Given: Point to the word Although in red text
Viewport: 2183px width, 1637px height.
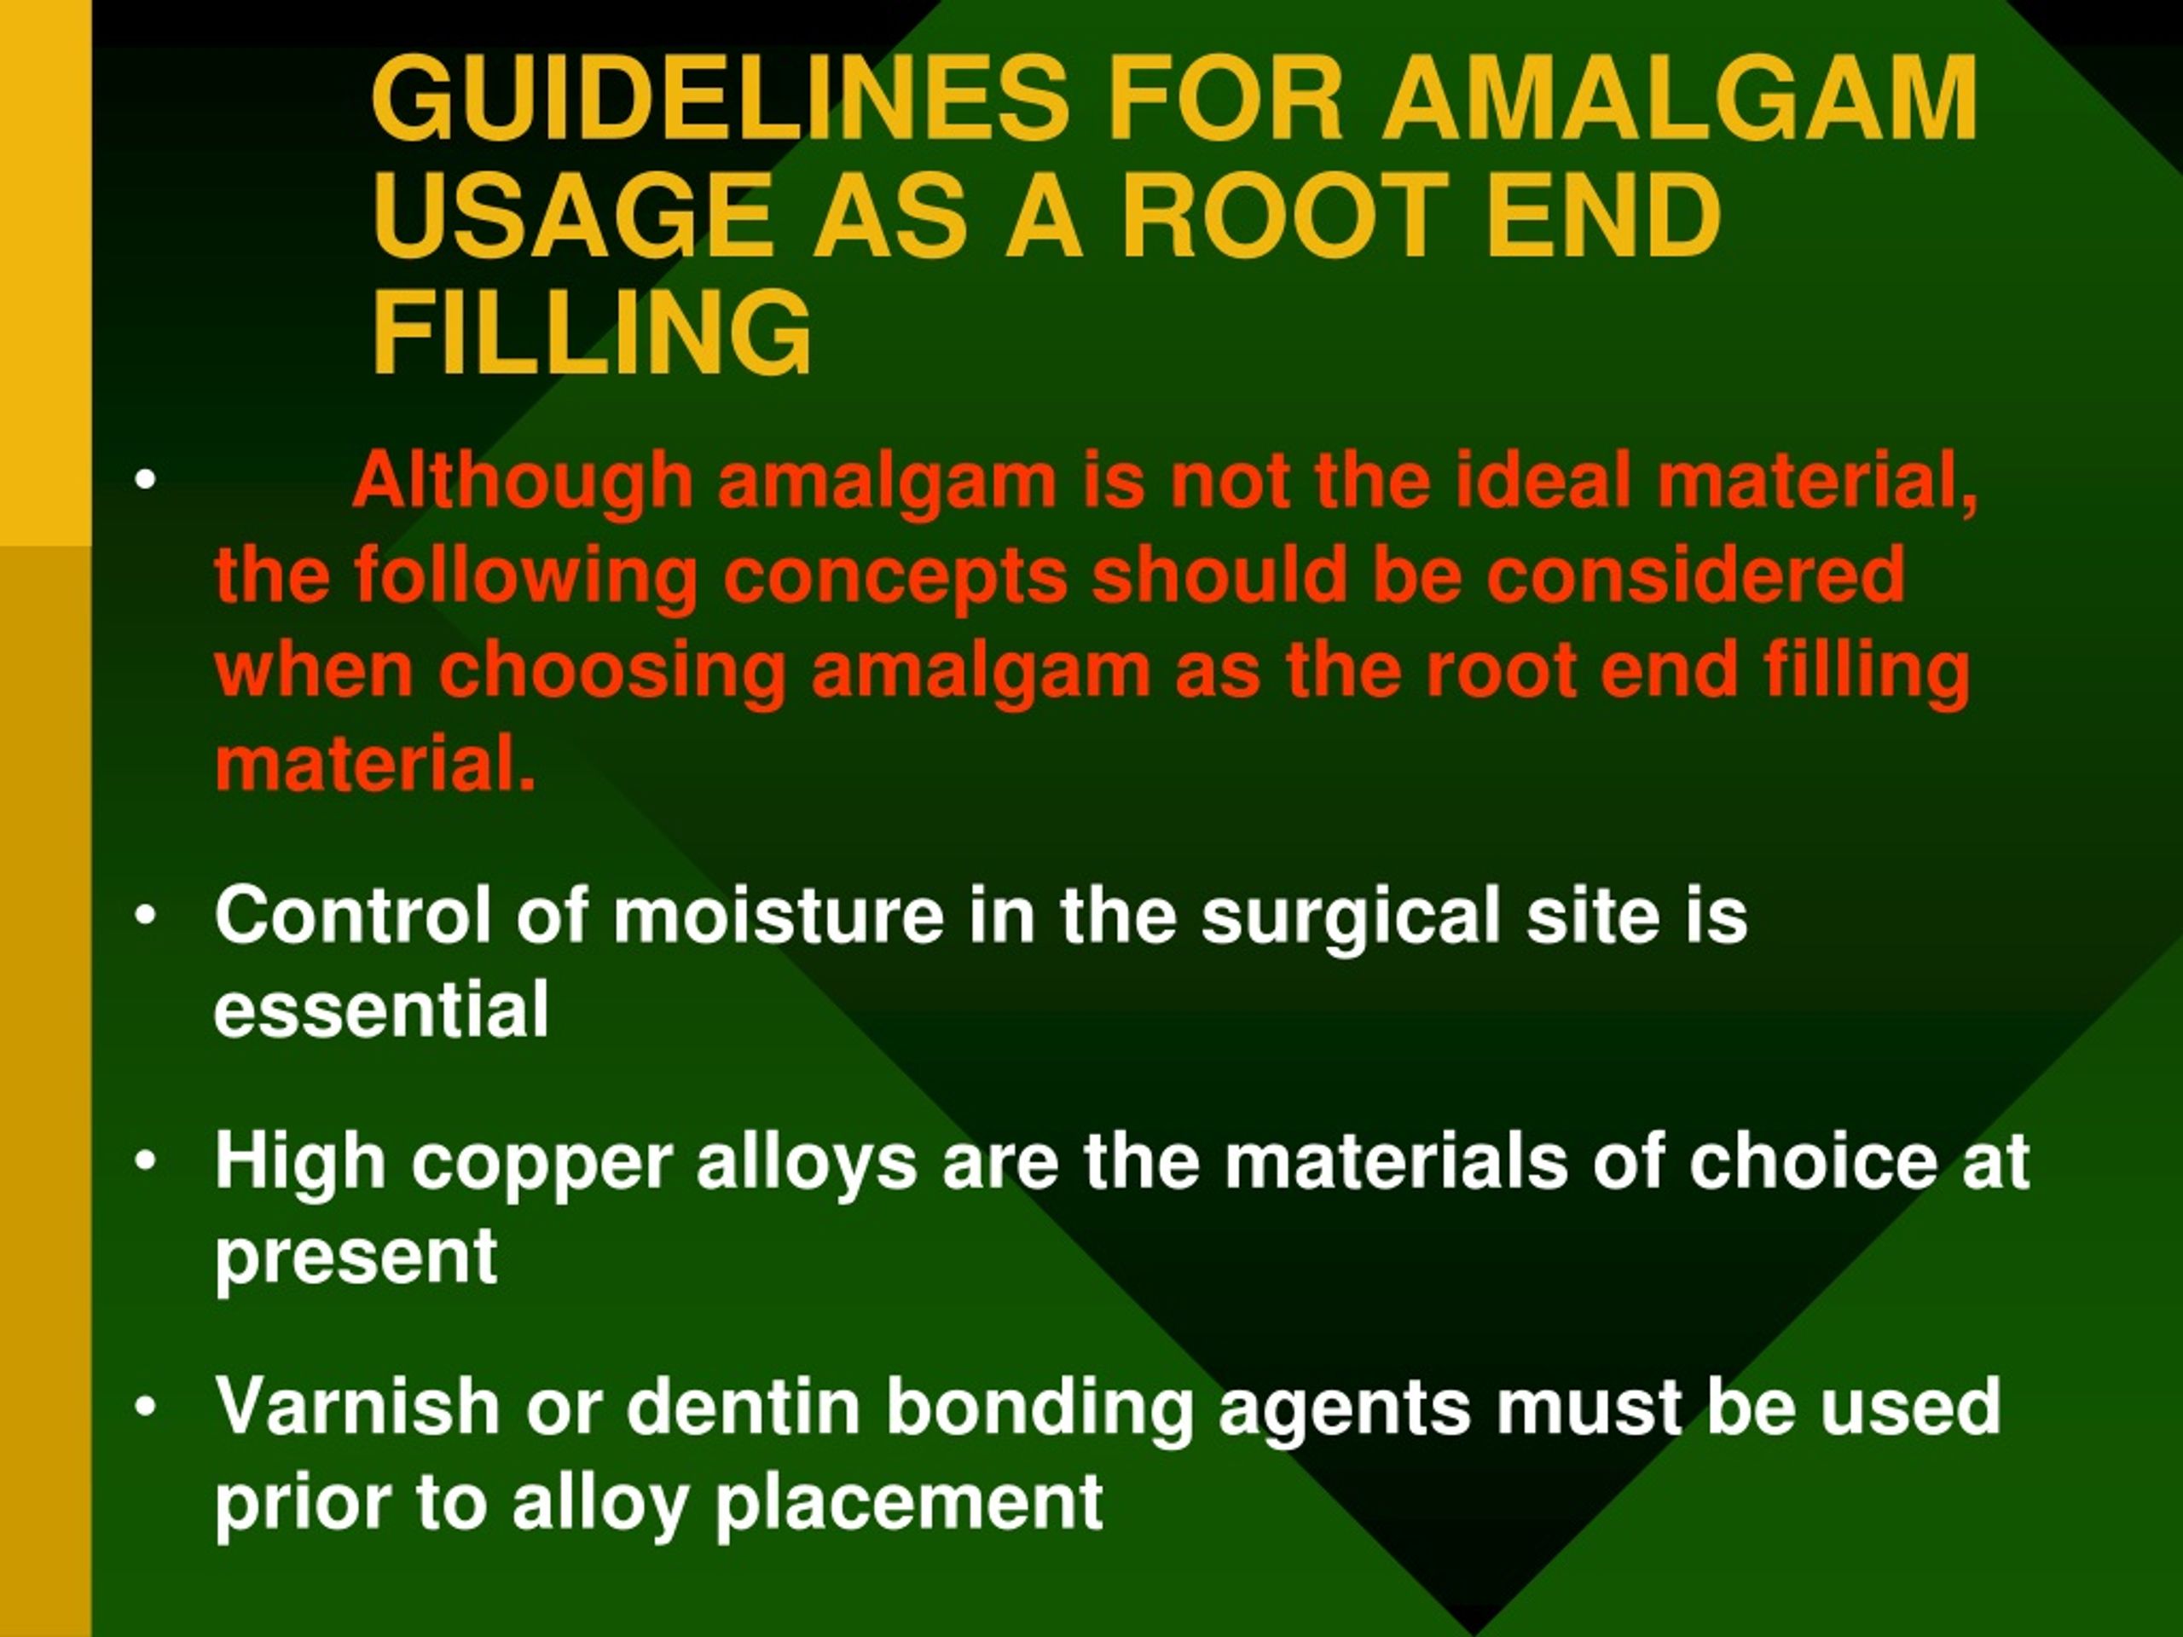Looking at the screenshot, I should coord(523,481).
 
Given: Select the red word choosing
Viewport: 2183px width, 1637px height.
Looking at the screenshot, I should coord(612,672).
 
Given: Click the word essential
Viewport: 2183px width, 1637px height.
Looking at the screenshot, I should coord(381,1009).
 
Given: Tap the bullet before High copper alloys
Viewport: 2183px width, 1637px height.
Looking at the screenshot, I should coord(145,1161).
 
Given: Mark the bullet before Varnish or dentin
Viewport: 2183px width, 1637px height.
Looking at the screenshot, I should coord(145,1406).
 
